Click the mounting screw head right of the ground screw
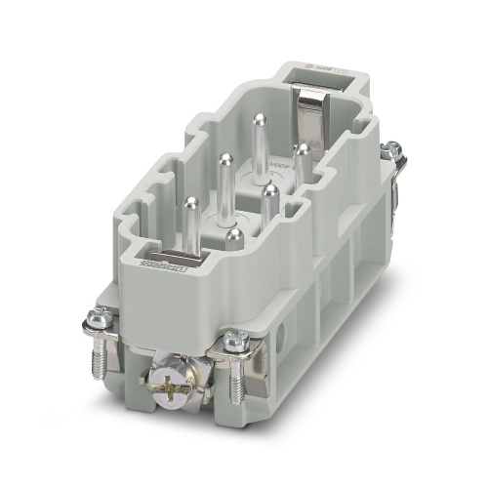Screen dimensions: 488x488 (236, 340)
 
